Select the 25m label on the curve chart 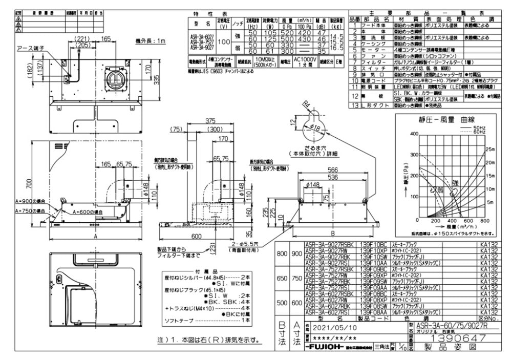(x=489, y=149)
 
